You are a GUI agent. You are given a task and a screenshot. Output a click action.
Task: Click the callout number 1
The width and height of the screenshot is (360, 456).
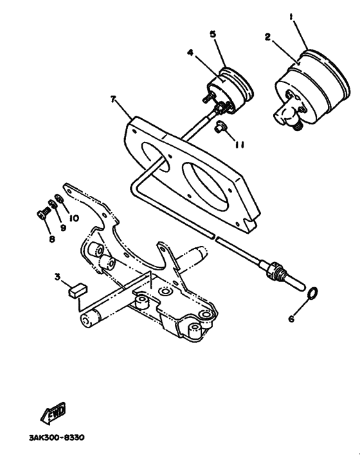291,17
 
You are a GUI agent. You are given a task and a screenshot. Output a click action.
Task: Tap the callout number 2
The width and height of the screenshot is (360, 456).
267,37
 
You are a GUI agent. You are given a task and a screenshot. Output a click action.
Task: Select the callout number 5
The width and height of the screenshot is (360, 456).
213,34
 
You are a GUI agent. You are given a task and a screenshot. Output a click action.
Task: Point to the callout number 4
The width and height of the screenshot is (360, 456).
190,53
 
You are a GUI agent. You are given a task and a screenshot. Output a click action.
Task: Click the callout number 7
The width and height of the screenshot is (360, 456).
114,99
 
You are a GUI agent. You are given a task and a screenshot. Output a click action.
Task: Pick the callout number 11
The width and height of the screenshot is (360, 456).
240,145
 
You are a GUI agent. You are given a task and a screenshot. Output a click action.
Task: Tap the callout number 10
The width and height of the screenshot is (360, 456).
74,218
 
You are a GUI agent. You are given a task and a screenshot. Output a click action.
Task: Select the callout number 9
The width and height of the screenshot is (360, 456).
63,228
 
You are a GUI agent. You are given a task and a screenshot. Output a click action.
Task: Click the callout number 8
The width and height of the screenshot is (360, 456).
52,239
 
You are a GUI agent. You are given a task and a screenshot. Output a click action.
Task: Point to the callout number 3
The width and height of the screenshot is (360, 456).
57,277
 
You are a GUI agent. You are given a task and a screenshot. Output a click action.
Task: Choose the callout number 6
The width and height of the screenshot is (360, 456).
291,319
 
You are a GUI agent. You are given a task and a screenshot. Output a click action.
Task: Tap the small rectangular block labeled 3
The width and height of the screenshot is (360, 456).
78,290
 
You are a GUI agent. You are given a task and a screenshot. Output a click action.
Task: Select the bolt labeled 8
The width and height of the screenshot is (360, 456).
42,215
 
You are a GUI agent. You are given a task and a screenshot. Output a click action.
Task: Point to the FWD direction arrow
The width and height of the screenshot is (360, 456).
53,413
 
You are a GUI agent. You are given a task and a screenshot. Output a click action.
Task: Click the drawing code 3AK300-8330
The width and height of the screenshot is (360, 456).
57,437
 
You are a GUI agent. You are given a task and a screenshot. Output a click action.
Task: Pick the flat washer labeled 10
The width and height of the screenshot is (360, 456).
59,198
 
